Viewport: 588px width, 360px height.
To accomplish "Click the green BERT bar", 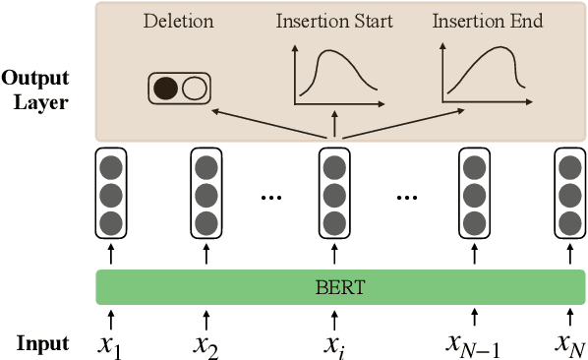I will pyautogui.click(x=340, y=286).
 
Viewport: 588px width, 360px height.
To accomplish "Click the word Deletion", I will pyautogui.click(x=178, y=21).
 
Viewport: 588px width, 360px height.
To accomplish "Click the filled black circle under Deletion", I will pyautogui.click(x=166, y=90).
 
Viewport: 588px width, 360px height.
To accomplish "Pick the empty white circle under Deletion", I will pyautogui.click(x=195, y=90).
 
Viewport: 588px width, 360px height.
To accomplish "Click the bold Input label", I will pyautogui.click(x=42, y=343).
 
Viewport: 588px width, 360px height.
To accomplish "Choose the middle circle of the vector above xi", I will pyautogui.click(x=334, y=193).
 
